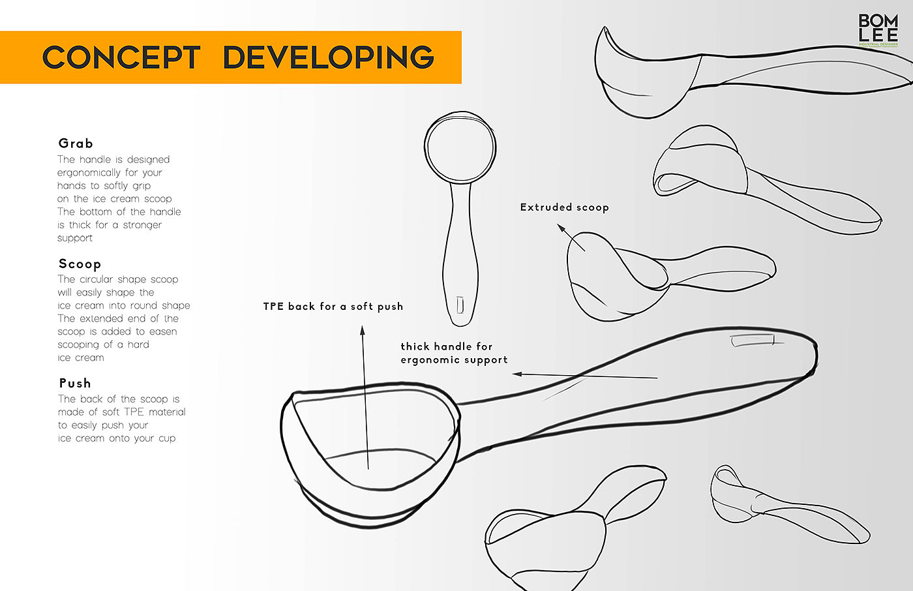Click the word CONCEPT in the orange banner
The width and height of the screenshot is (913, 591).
(x=121, y=57)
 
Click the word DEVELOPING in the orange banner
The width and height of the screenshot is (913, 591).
(x=328, y=57)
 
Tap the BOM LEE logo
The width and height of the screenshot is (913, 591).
(x=878, y=30)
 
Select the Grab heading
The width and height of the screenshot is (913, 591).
(x=76, y=144)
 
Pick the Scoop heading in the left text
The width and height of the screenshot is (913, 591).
(x=80, y=264)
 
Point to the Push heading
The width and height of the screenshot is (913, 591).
(x=75, y=384)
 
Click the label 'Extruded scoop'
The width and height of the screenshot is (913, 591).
(x=564, y=207)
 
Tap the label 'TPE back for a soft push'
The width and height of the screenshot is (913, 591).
(x=333, y=307)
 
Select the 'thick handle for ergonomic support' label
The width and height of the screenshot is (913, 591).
(x=454, y=353)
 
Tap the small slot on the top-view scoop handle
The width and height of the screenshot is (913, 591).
(x=460, y=305)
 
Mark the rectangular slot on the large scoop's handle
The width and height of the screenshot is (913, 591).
(x=753, y=341)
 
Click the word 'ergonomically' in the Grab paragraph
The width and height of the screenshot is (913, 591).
(x=89, y=173)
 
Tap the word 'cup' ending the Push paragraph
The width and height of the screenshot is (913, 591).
(x=167, y=438)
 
